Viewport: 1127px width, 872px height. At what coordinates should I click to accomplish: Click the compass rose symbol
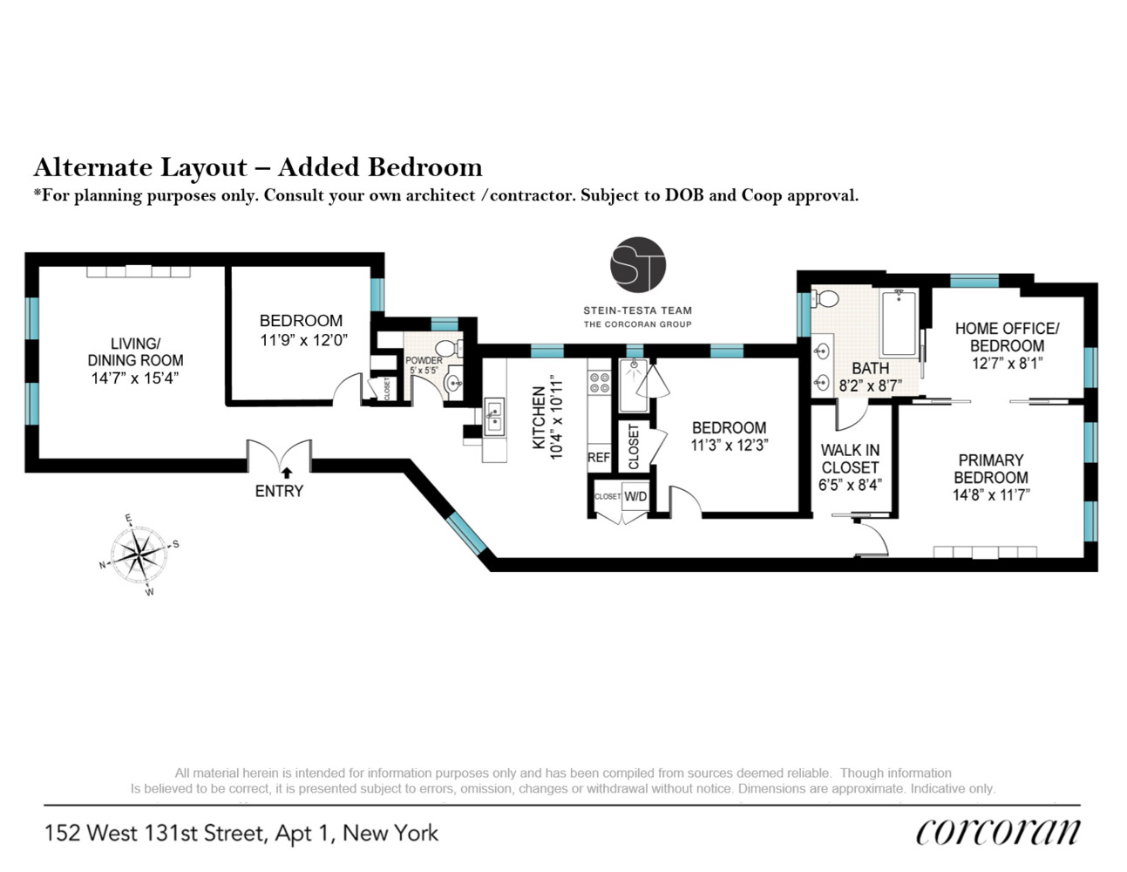coord(139,555)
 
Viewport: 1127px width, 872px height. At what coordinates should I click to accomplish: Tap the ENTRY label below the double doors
coord(279,491)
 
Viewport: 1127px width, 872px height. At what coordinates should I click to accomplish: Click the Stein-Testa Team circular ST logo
coord(638,264)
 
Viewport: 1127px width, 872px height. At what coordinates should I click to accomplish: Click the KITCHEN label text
coord(539,418)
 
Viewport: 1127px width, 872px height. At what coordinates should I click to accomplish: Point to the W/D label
coord(635,496)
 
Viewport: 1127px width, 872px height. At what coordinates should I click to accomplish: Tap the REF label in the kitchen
coord(599,457)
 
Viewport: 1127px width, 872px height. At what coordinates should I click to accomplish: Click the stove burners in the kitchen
coord(599,383)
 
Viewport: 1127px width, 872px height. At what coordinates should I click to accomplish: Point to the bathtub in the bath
coord(899,324)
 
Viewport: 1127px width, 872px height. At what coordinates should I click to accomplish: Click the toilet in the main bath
coord(825,299)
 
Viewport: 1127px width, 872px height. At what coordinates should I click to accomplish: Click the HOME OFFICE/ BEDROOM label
coord(1007,337)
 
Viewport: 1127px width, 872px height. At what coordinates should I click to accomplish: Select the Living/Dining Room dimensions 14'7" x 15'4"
coord(135,378)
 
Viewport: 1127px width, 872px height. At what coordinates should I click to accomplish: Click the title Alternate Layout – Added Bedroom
coord(258,167)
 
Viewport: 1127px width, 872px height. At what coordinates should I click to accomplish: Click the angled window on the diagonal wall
coord(467,532)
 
